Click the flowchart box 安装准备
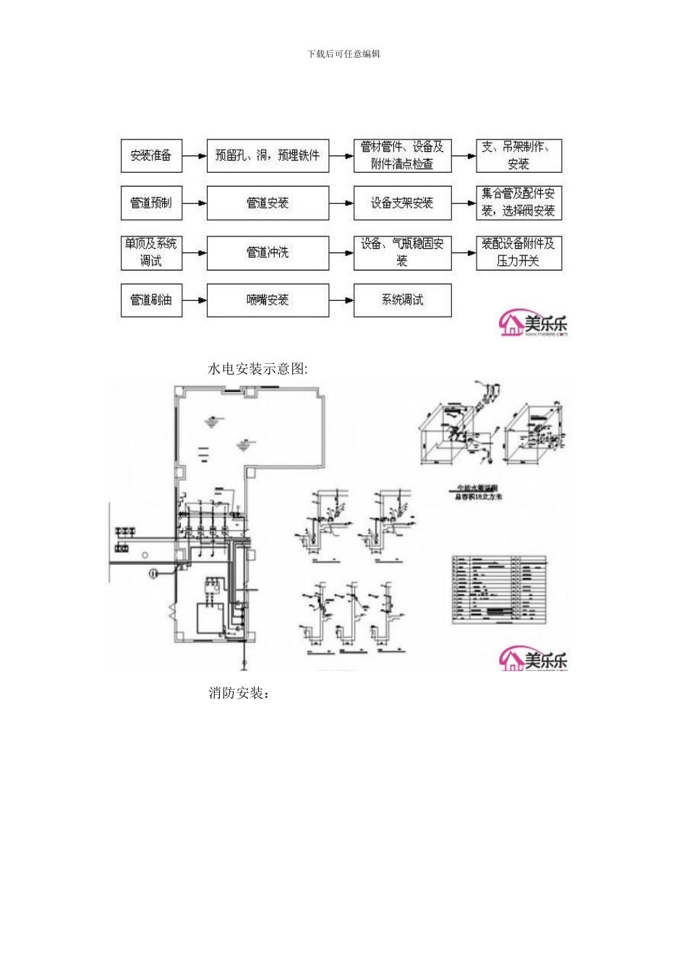[151, 155]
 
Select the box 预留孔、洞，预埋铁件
[268, 155]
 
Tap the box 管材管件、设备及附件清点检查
[402, 155]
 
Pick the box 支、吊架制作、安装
[519, 155]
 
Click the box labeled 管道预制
[151, 203]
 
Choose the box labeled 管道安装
[268, 203]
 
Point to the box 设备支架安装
[402, 203]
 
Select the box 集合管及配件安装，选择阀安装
[519, 203]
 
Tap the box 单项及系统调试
[151, 252]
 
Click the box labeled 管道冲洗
[268, 252]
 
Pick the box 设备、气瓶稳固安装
[402, 252]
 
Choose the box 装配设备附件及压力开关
[519, 252]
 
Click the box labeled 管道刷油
[151, 300]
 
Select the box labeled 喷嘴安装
[268, 300]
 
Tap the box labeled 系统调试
[402, 300]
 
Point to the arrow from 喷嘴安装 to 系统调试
[341, 300]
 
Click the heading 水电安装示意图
[258, 369]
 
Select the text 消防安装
[239, 694]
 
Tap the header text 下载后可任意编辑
[343, 54]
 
